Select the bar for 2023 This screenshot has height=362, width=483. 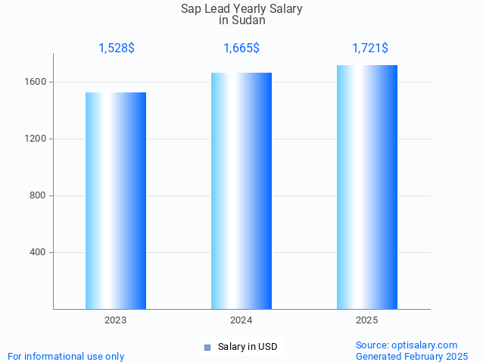pyautogui.click(x=116, y=201)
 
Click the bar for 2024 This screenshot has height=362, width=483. pyautogui.click(x=241, y=191)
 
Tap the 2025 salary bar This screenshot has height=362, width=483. pyautogui.click(x=367, y=187)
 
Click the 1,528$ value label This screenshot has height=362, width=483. pyautogui.click(x=117, y=48)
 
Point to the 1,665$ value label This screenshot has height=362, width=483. pyautogui.click(x=241, y=48)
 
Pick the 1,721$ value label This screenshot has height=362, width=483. pyautogui.click(x=370, y=48)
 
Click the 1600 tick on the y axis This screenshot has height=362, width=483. pyautogui.click(x=39, y=82)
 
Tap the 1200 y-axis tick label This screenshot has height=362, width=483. pyautogui.click(x=39, y=139)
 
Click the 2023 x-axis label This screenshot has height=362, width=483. pyautogui.click(x=116, y=320)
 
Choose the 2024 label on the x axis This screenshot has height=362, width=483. pyautogui.click(x=241, y=320)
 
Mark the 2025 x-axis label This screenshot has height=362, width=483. pyautogui.click(x=367, y=320)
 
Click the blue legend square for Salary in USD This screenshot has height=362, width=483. pyautogui.click(x=207, y=347)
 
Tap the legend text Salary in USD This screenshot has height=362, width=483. pyautogui.click(x=248, y=347)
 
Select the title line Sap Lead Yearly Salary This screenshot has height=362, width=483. pyautogui.click(x=241, y=9)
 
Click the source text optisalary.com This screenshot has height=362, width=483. pyautogui.click(x=425, y=345)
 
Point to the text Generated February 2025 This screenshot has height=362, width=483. pyautogui.click(x=412, y=356)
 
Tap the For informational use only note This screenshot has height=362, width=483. pyautogui.click(x=66, y=356)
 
